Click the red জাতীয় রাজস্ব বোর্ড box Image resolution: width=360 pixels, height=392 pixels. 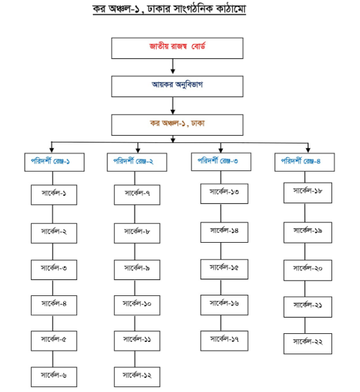177,48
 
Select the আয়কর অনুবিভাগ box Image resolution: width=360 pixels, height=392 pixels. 177,87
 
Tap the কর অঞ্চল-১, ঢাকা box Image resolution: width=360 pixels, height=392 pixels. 177,125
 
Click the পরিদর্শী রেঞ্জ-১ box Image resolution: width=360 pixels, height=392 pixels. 55,162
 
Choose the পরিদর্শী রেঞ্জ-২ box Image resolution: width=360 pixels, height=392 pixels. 137,162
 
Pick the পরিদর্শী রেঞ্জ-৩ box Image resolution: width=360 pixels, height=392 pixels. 221,162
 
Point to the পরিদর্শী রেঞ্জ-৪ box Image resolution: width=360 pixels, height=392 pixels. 304,162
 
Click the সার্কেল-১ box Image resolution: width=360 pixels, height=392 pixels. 54,195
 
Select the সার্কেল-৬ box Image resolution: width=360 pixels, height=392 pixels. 54,377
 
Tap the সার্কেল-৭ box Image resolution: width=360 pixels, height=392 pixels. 137,195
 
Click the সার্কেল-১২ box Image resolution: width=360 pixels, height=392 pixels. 137,377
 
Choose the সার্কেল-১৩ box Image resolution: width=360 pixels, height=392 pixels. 224,194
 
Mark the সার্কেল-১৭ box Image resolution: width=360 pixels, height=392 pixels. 224,341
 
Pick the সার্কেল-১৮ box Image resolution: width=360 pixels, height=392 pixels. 308,193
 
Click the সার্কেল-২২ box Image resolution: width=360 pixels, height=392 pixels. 308,344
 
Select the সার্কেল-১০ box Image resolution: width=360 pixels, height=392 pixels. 137,305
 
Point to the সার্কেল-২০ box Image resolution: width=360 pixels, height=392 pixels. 308,270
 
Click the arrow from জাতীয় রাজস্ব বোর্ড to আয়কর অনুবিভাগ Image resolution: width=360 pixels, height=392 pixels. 173,66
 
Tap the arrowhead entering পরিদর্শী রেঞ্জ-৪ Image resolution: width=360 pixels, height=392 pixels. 308,150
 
